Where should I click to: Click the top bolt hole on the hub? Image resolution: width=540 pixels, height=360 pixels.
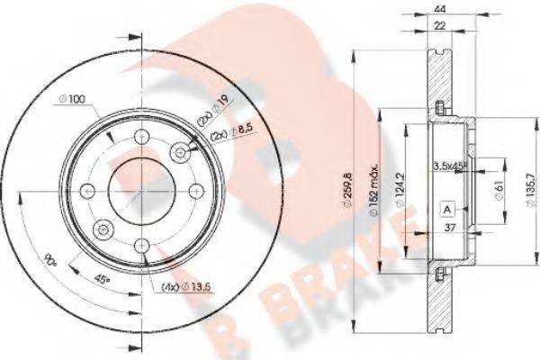coord(140,137)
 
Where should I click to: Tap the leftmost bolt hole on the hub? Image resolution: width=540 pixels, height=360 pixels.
coord(87,190)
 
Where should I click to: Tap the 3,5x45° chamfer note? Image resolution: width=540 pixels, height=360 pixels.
coord(449,165)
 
